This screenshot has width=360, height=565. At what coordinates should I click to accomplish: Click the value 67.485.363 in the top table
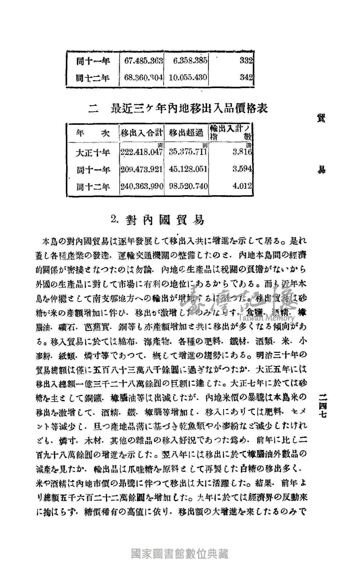(x=143, y=61)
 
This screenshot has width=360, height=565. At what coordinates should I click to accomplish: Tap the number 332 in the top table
(x=246, y=61)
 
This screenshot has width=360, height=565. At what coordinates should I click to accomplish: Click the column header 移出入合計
(x=142, y=133)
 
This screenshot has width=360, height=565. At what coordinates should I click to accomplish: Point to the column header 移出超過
(x=186, y=133)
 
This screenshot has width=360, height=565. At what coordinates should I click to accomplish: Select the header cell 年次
(x=93, y=133)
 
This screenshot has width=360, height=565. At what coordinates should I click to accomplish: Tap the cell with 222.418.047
(x=141, y=152)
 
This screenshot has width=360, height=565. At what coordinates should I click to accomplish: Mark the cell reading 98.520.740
(x=188, y=186)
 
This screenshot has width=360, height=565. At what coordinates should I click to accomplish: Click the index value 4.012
(x=242, y=186)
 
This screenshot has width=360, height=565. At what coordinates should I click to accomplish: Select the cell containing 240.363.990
(x=142, y=186)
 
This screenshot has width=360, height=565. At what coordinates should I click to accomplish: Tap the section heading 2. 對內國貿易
(x=157, y=220)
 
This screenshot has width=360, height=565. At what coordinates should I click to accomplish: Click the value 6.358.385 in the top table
(x=188, y=61)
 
